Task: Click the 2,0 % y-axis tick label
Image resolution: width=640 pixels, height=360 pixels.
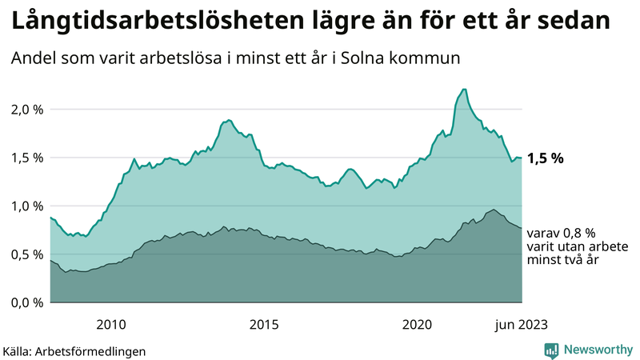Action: [25, 109]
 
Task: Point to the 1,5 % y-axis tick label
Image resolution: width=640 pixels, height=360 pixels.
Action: [25, 158]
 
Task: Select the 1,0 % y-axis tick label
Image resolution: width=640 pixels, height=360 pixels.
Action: [25, 206]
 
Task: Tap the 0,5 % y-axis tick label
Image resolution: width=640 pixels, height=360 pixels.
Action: [25, 254]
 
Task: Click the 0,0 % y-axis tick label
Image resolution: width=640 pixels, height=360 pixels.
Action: [25, 302]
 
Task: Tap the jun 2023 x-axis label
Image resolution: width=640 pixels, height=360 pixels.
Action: [522, 323]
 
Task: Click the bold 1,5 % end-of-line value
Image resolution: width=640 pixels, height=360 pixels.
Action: [546, 158]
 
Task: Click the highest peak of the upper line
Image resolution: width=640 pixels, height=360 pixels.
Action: [464, 90]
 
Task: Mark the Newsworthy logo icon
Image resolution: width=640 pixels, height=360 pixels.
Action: [551, 350]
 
